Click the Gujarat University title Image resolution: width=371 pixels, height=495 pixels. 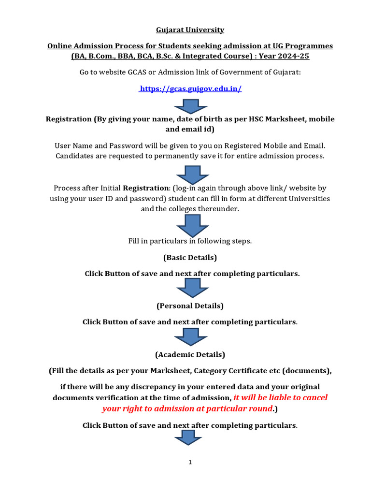coord(190,30)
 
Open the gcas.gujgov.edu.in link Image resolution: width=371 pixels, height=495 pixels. coord(190,88)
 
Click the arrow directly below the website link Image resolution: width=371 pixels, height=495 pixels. coord(190,105)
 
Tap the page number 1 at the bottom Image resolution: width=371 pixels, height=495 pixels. coord(190,462)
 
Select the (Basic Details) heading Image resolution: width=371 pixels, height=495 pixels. coord(190,257)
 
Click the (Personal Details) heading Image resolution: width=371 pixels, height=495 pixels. coord(190,306)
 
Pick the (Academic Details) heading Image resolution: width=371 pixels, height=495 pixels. coord(190,355)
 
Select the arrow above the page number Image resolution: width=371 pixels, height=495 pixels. coord(188,438)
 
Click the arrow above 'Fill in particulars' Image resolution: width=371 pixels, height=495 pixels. coord(192,225)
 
